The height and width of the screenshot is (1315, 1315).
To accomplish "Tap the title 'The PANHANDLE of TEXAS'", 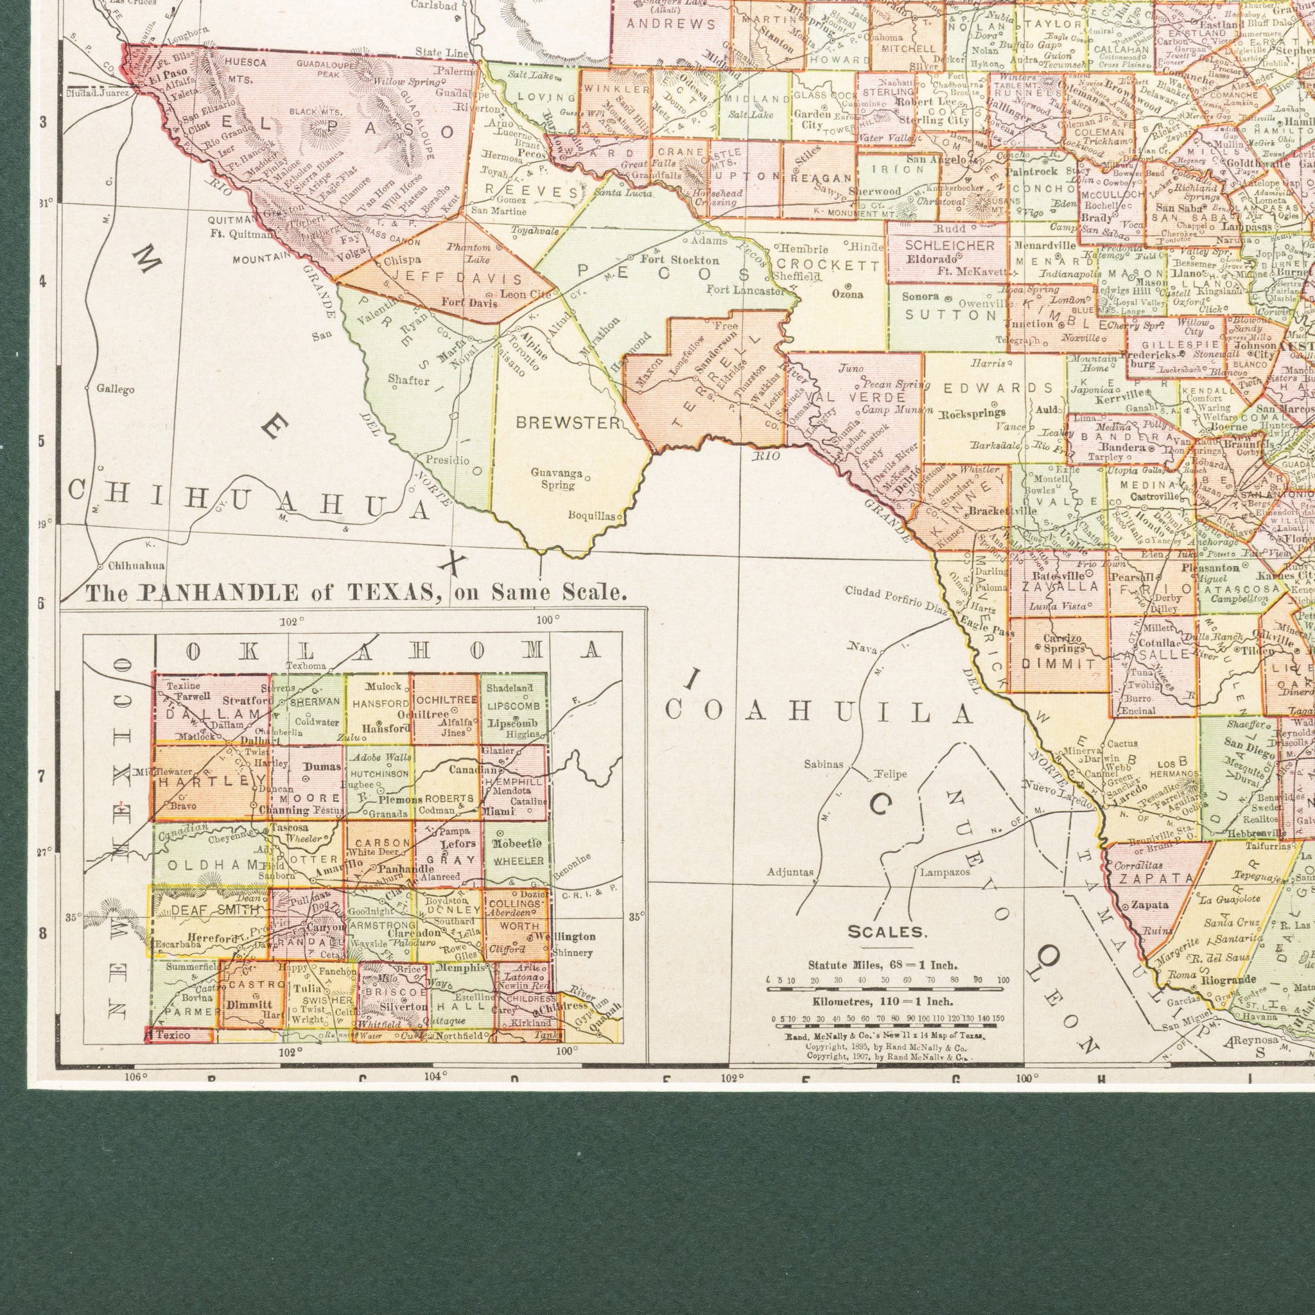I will (x=354, y=593).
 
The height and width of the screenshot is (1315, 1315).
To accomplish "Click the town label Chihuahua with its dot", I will (x=132, y=566).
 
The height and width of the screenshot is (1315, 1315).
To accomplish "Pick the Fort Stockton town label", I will (x=679, y=260).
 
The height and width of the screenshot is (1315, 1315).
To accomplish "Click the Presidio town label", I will (x=447, y=460).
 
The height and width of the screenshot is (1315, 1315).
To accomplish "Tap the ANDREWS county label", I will (x=670, y=25).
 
